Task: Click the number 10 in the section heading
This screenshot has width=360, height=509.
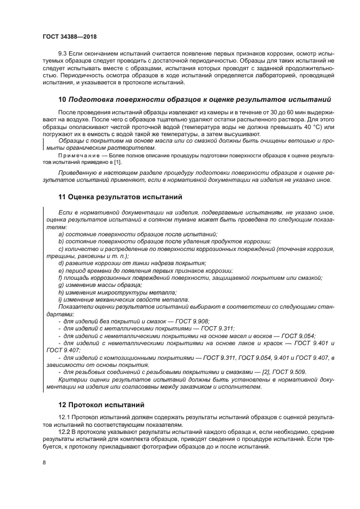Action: click(62, 100)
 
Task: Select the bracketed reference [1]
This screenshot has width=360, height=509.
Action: click(118, 162)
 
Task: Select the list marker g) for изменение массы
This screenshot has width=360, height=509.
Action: click(61, 285)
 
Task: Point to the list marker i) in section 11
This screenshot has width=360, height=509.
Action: click(60, 299)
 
